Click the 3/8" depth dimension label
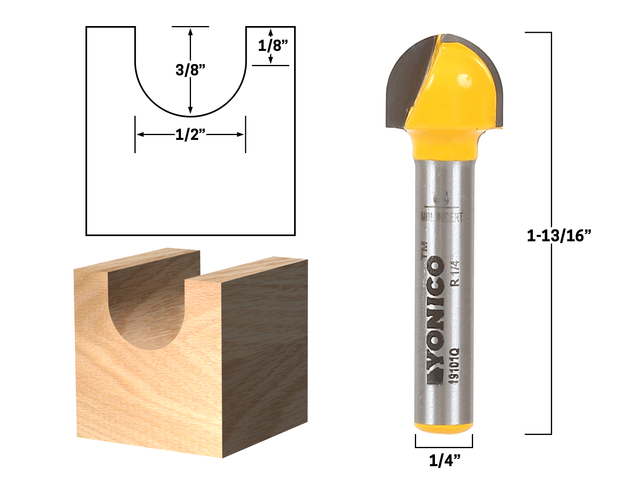tap(190, 70)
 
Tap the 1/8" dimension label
tap(273, 45)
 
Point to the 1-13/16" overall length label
tap(559, 236)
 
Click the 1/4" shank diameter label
tap(444, 461)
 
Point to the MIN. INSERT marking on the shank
tap(441, 218)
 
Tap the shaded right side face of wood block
tap(265, 353)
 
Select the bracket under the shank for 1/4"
tap(444, 446)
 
